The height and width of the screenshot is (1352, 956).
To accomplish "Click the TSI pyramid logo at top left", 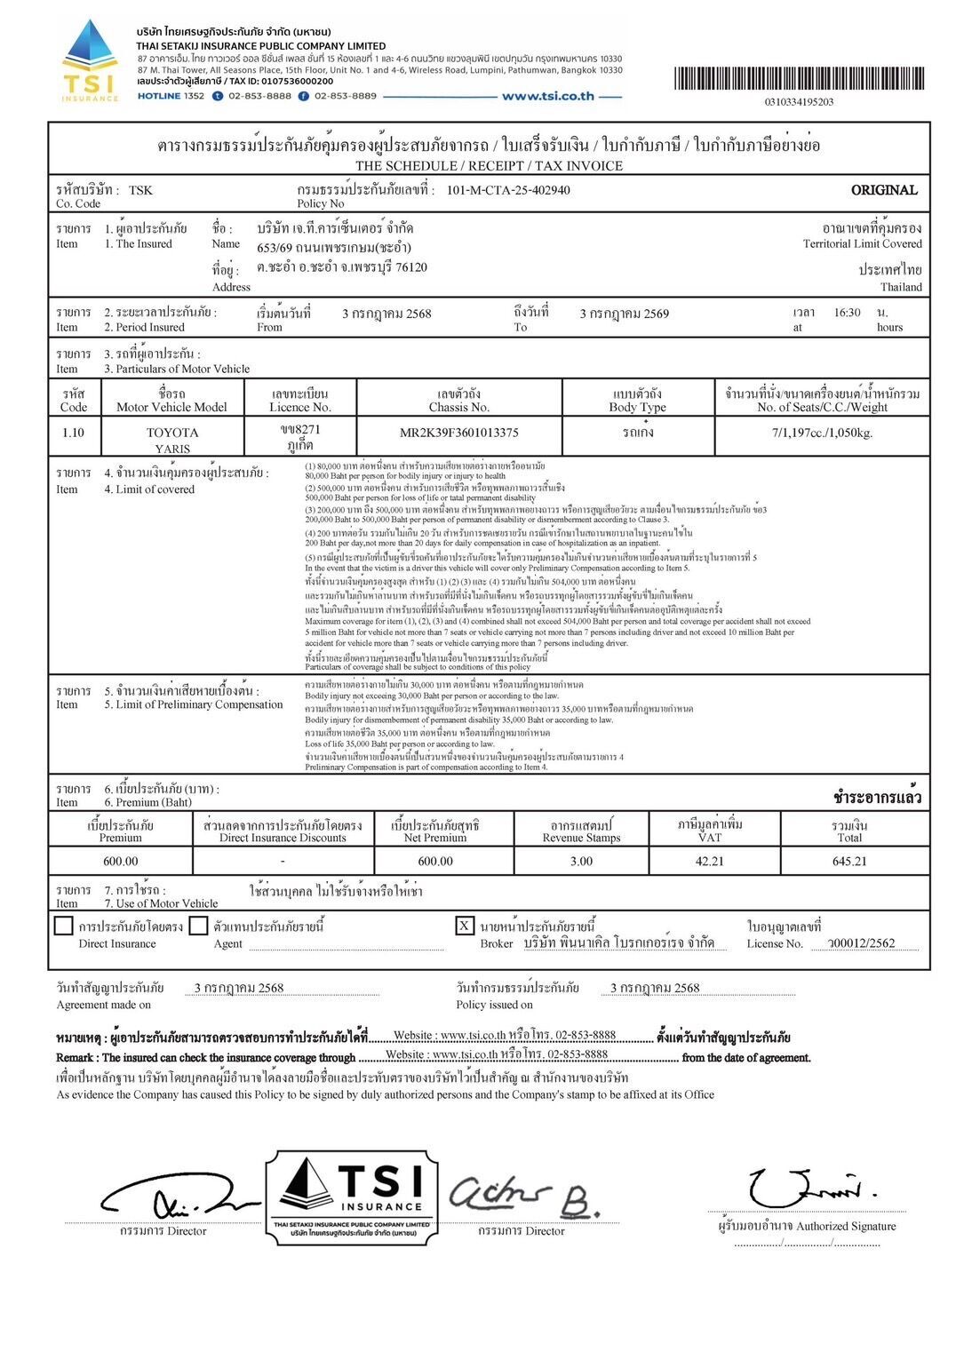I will tap(89, 59).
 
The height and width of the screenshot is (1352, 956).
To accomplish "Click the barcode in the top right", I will tap(799, 79).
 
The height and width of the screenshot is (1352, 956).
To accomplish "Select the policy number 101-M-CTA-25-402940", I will tap(507, 190).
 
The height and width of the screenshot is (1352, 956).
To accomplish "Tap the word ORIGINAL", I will tap(883, 190).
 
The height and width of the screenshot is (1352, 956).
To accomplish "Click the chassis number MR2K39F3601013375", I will tap(459, 433).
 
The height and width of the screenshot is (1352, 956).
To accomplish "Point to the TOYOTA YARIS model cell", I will tap(172, 440).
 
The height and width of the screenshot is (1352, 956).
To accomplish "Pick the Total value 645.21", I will tap(849, 861).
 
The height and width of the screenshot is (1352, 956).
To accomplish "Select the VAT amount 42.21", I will tap(710, 861).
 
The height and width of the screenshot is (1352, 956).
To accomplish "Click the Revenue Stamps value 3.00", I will tap(581, 861).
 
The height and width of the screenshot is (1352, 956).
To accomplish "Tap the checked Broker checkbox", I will tap(465, 926).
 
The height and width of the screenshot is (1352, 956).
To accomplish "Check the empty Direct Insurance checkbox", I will tap(63, 926).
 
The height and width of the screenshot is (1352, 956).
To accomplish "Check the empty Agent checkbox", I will tap(199, 926).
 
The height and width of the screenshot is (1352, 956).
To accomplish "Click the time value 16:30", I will tap(847, 313).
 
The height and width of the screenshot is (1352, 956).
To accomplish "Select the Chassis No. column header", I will tap(459, 400).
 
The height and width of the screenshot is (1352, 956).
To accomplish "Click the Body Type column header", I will tap(637, 400).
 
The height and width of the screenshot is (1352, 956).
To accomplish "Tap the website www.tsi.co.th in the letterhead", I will tap(547, 96).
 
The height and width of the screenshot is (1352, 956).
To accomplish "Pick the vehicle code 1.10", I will tap(74, 433).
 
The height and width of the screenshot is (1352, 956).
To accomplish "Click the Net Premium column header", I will tap(434, 831).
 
